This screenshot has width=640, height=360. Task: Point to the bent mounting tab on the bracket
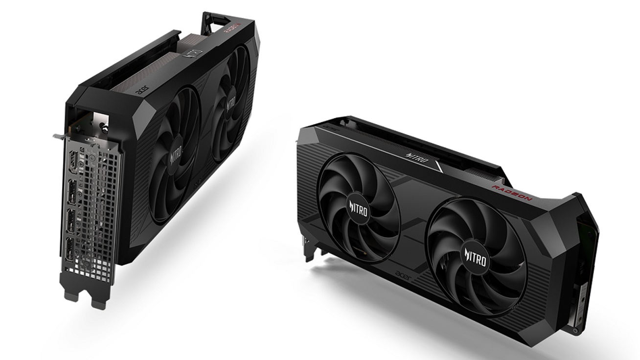click(x=57, y=135)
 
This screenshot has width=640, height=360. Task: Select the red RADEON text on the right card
click(x=511, y=194)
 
